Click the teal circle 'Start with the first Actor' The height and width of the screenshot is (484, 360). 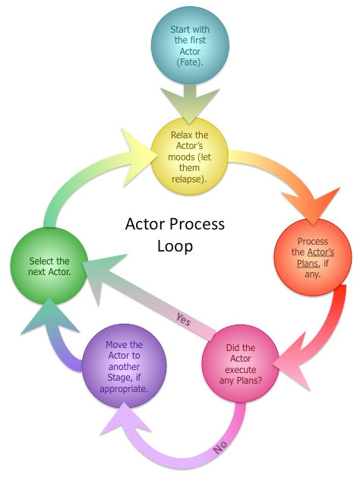190,45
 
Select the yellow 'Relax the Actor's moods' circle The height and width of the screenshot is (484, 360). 189,157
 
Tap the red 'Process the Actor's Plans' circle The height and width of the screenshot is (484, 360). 313,257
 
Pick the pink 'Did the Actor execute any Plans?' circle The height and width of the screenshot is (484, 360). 241,363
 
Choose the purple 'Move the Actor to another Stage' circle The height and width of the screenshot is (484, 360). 124,366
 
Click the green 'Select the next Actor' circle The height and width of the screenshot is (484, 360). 49,266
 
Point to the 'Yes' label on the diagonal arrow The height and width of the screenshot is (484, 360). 184,319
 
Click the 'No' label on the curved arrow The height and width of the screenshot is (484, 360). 220,448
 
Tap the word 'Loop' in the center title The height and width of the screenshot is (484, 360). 175,246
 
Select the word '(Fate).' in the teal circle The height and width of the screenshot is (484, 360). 190,62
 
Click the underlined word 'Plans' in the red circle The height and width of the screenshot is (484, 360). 308,264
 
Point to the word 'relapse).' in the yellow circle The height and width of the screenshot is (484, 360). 189,179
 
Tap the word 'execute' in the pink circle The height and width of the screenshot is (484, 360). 241,369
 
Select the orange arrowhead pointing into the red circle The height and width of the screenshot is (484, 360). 311,206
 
